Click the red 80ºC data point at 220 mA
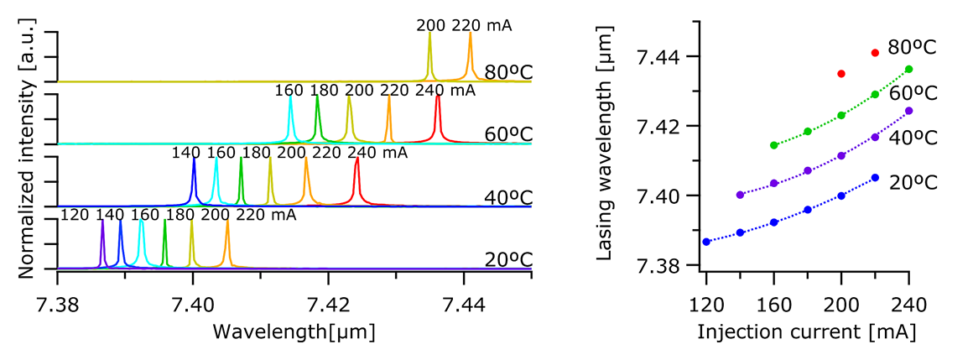875,53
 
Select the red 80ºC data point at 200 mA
841,74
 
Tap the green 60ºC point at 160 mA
773,145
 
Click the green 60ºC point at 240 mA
908,69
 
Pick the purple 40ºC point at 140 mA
740,195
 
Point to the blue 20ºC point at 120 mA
706,242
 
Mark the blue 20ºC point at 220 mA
875,177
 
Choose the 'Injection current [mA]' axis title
806,332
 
